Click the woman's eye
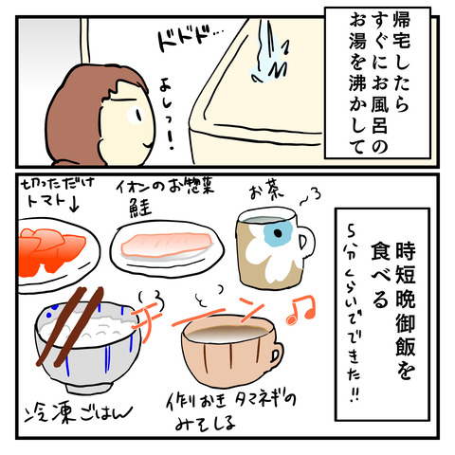[x=136, y=115]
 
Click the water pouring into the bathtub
[x=268, y=52]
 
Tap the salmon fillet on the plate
[x=167, y=246]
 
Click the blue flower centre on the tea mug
[x=278, y=232]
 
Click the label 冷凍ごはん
[x=79, y=413]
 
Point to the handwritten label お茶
[x=267, y=191]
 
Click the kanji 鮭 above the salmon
[x=140, y=209]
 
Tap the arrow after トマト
[x=73, y=205]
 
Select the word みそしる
[x=205, y=423]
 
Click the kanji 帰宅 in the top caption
[x=401, y=31]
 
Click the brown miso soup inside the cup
[x=227, y=334]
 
